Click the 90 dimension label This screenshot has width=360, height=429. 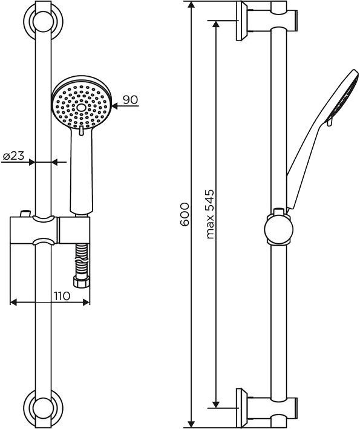click(x=130, y=99)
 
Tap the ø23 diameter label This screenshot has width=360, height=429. click(x=13, y=156)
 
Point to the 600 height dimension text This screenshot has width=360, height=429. click(x=186, y=215)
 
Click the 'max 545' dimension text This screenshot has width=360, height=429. click(x=210, y=214)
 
